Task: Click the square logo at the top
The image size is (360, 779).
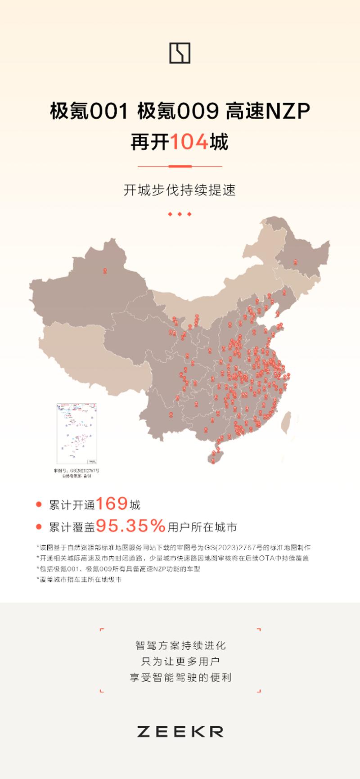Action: coord(180,53)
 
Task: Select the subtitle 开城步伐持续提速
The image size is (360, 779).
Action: coord(180,190)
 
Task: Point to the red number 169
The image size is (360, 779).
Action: coord(112,504)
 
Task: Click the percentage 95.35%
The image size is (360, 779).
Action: coord(131,525)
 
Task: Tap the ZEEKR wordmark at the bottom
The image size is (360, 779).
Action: coord(180,732)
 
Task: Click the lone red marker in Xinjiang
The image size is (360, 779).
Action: coord(105,271)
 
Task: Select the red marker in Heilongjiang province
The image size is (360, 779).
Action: coord(295,262)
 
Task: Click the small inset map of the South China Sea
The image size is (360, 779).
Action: coord(77,434)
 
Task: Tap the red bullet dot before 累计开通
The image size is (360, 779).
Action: coord(39,504)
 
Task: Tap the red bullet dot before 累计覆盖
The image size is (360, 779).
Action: coord(39,527)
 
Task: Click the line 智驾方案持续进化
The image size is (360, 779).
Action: coord(180,645)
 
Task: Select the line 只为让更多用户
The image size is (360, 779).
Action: coord(180,662)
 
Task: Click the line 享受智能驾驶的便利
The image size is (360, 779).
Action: coord(180,678)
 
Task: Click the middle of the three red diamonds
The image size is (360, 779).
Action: coord(180,214)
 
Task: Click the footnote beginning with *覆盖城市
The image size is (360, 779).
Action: coord(79,580)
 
